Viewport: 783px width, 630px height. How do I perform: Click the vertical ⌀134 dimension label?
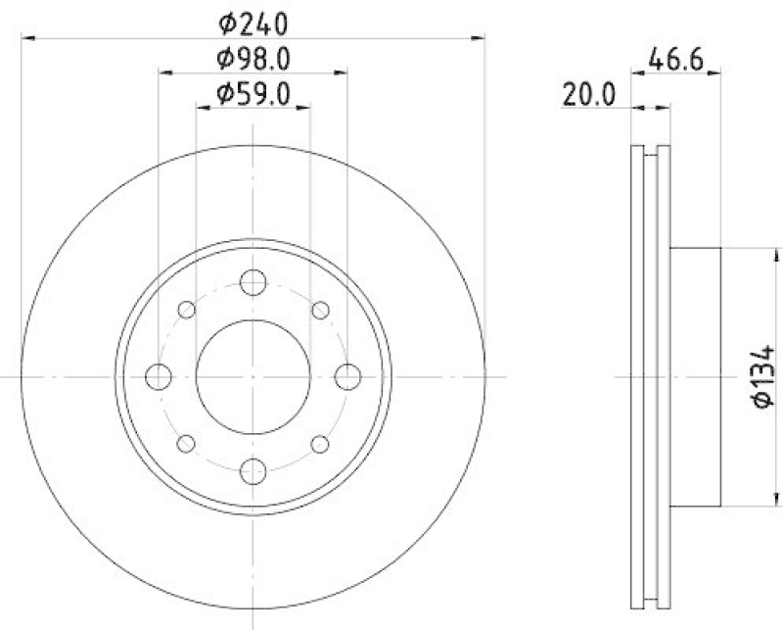(x=764, y=376)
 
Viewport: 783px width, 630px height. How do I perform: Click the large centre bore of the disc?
(x=253, y=376)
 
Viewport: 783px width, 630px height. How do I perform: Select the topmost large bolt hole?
(x=253, y=282)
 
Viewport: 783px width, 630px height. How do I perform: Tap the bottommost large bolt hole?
(x=253, y=469)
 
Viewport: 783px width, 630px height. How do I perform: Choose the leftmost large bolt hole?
(x=159, y=376)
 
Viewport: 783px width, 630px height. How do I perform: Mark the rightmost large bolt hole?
(x=346, y=376)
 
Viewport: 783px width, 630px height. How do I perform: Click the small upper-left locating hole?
(x=186, y=310)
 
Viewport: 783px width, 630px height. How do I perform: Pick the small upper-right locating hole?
(x=319, y=310)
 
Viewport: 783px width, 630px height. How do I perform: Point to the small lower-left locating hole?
(x=186, y=443)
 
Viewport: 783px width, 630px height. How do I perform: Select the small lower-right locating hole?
(x=319, y=443)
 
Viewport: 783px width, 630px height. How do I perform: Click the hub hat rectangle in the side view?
(x=695, y=376)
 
